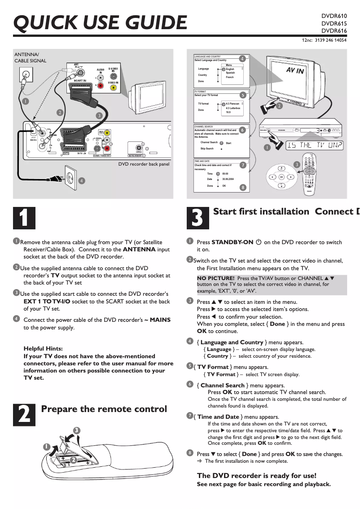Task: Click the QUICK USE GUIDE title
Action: click(100, 22)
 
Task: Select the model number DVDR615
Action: click(334, 23)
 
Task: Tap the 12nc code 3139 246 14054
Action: click(330, 40)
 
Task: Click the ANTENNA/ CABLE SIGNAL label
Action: click(30, 57)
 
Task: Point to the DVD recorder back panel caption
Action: click(144, 164)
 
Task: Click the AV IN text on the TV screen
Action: click(295, 71)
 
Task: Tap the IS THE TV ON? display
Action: click(315, 145)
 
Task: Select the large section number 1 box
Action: click(24, 218)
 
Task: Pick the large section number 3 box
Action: click(198, 218)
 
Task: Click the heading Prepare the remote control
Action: click(104, 409)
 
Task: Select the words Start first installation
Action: click(261, 211)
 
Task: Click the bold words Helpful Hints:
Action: click(43, 348)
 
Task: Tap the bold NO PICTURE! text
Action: click(215, 278)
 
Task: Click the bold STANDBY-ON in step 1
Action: click(232, 242)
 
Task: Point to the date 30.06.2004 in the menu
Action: click(229, 179)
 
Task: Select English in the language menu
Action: click(230, 69)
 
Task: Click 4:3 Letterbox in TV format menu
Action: click(233, 108)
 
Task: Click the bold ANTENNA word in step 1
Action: click(139, 250)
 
